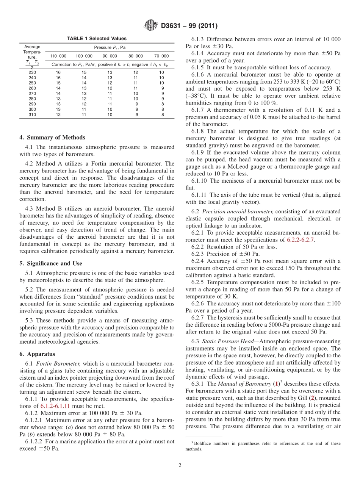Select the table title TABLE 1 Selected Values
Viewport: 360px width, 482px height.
click(x=97, y=39)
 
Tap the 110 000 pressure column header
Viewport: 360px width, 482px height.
click(x=58, y=56)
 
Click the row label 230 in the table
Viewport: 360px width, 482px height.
click(x=32, y=72)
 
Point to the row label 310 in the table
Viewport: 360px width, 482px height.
click(x=32, y=115)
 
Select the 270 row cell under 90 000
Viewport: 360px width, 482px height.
click(x=110, y=93)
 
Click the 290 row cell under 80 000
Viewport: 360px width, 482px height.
click(x=136, y=104)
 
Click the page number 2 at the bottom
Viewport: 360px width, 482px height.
click(x=180, y=465)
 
